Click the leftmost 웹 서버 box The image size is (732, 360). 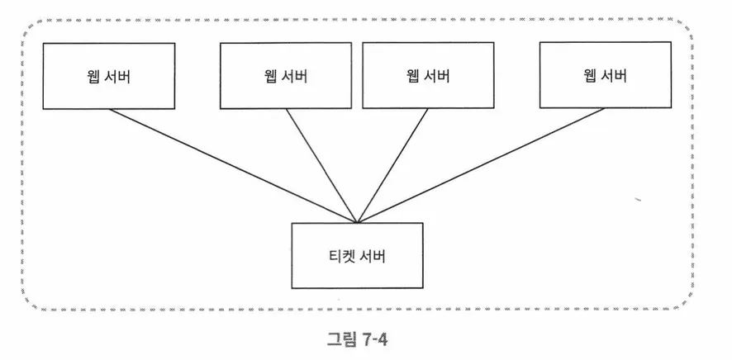click(x=110, y=76)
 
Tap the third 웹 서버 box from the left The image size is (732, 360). click(x=426, y=76)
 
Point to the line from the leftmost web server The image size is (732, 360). click(x=231, y=165)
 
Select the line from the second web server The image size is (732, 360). click(x=322, y=165)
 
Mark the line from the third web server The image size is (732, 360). click(x=393, y=165)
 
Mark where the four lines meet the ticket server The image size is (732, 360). click(x=358, y=222)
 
